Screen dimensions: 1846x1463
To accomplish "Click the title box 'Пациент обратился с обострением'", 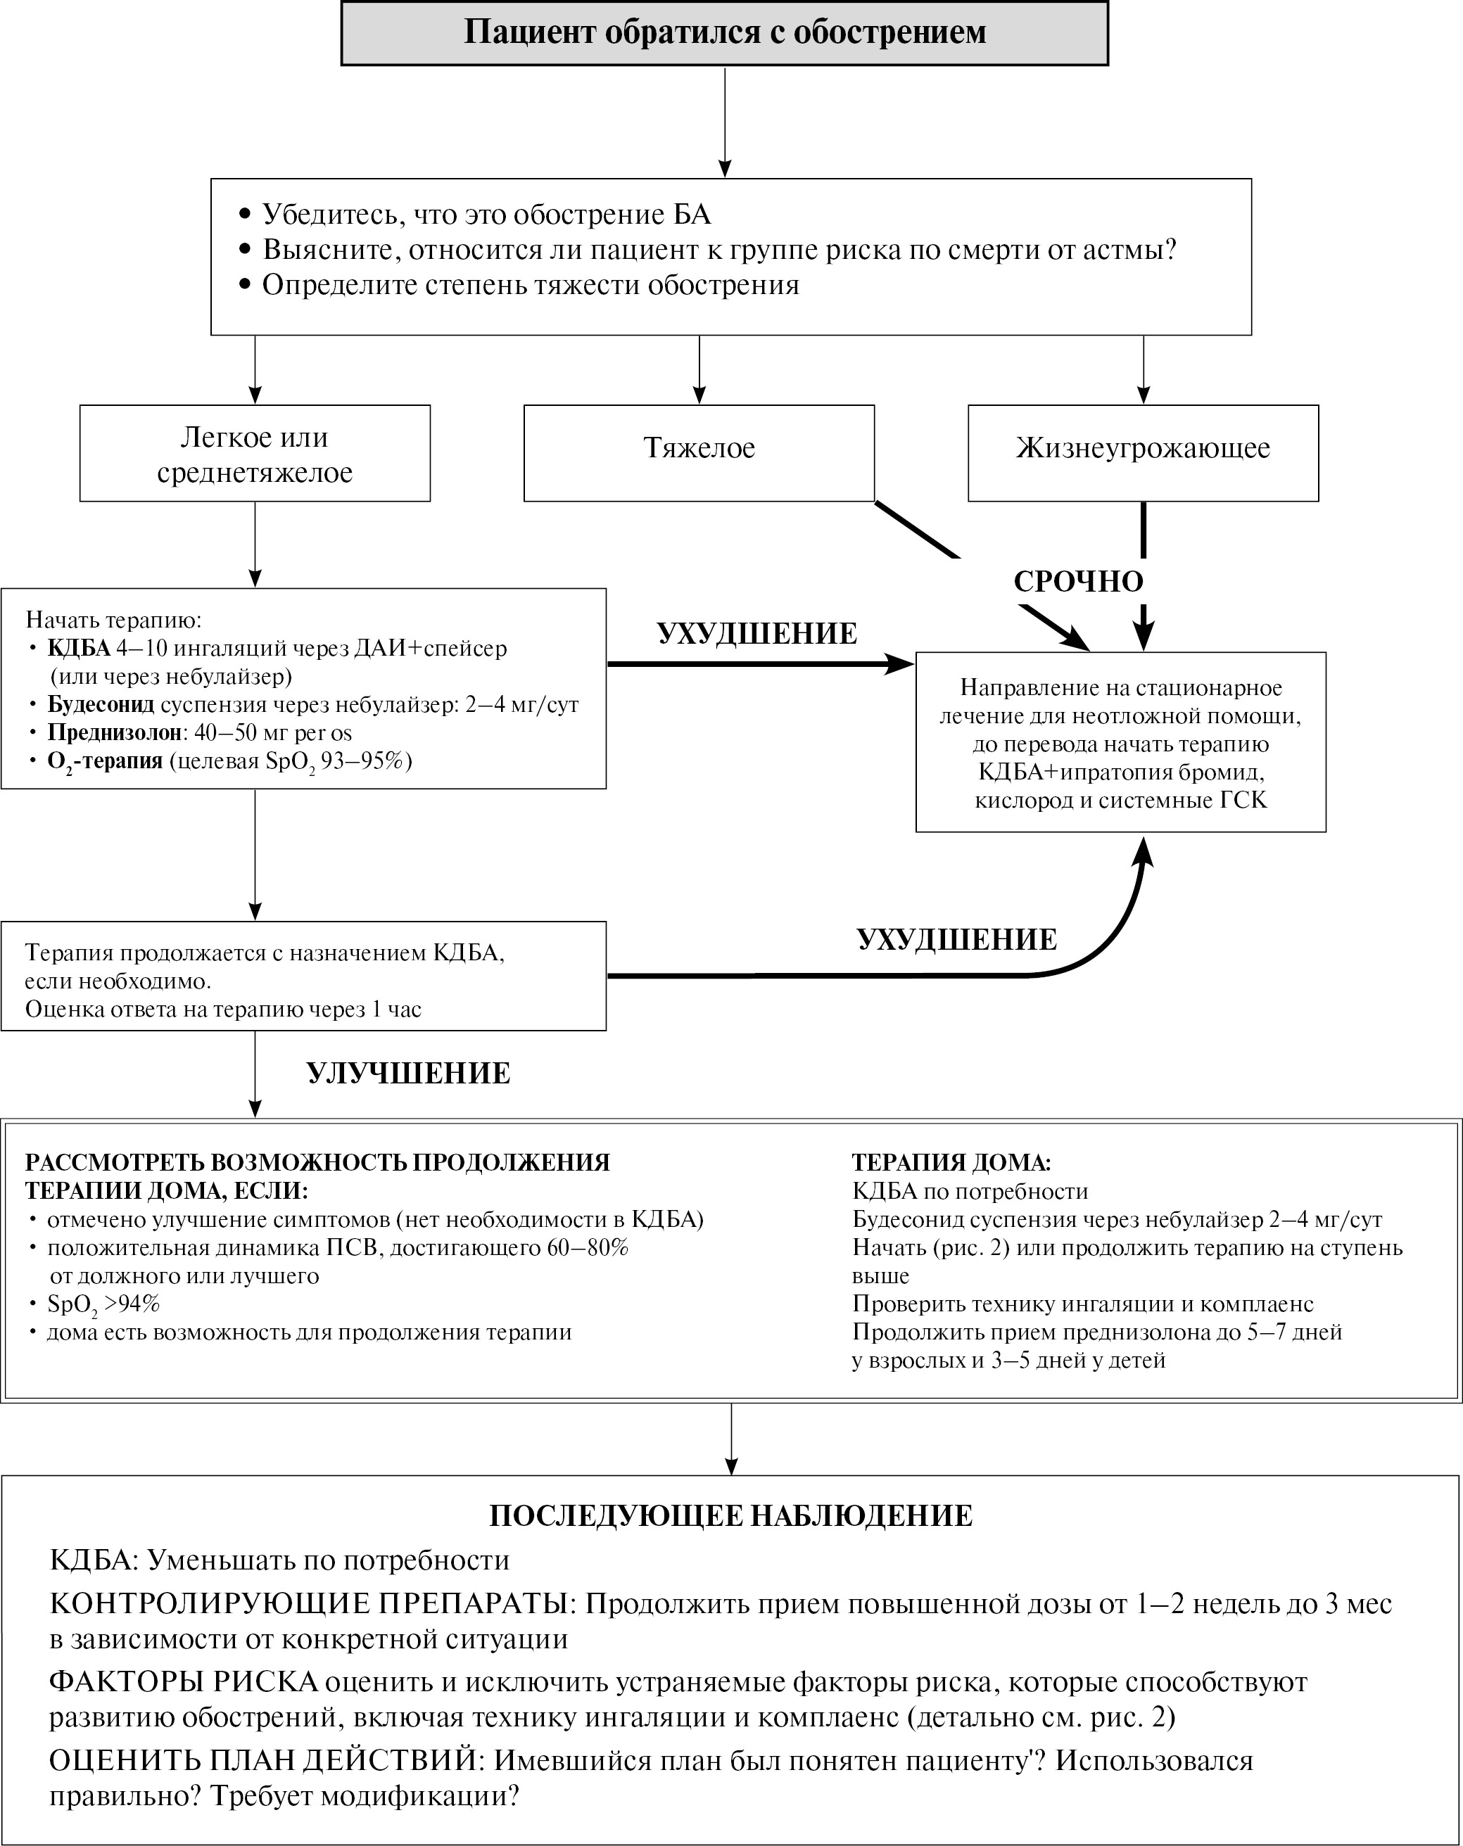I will click(x=725, y=32).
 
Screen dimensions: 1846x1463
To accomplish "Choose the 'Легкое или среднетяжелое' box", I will click(x=255, y=454).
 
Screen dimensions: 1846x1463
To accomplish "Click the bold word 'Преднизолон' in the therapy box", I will click(x=115, y=733).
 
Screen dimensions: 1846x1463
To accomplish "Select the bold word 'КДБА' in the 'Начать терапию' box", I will click(x=79, y=648).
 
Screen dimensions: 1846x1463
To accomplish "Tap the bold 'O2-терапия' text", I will click(x=104, y=761).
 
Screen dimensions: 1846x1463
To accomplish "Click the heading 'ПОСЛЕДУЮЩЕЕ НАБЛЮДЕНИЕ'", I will click(x=730, y=1516).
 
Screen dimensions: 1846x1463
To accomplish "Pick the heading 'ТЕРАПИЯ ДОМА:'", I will click(x=951, y=1163).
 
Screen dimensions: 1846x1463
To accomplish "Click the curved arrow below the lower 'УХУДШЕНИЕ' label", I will click(x=856, y=974).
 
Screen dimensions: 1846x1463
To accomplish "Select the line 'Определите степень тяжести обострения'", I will click(x=530, y=285).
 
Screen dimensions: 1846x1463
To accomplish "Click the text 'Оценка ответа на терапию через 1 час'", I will click(x=222, y=1010).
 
